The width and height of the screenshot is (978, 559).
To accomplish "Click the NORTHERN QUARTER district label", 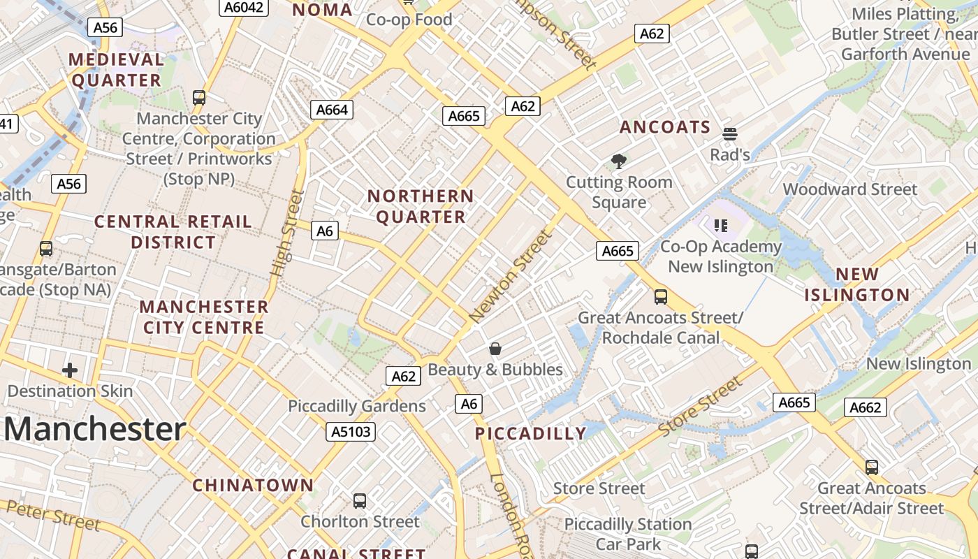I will [421, 207].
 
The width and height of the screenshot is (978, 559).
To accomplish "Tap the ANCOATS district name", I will [664, 127].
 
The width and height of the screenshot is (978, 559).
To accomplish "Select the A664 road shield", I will [331, 110].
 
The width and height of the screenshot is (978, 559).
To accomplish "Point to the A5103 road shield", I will [351, 432].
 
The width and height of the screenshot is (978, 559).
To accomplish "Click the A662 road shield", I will [866, 407].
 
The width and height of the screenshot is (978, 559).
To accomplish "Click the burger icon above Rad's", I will [730, 133].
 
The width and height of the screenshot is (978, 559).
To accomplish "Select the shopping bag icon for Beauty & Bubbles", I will [495, 348].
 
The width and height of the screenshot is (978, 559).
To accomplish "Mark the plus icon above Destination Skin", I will [70, 370].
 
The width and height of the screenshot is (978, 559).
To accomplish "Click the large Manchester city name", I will [95, 429].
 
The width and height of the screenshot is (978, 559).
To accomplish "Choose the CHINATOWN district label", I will [253, 485].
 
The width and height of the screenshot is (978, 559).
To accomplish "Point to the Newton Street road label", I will [511, 276].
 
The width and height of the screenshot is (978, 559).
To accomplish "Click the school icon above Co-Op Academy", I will [721, 225].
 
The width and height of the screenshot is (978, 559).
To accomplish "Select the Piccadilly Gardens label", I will [356, 406].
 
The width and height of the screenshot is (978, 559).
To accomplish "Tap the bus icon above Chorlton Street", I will [360, 500].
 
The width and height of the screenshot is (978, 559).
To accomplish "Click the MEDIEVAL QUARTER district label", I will [117, 70].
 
